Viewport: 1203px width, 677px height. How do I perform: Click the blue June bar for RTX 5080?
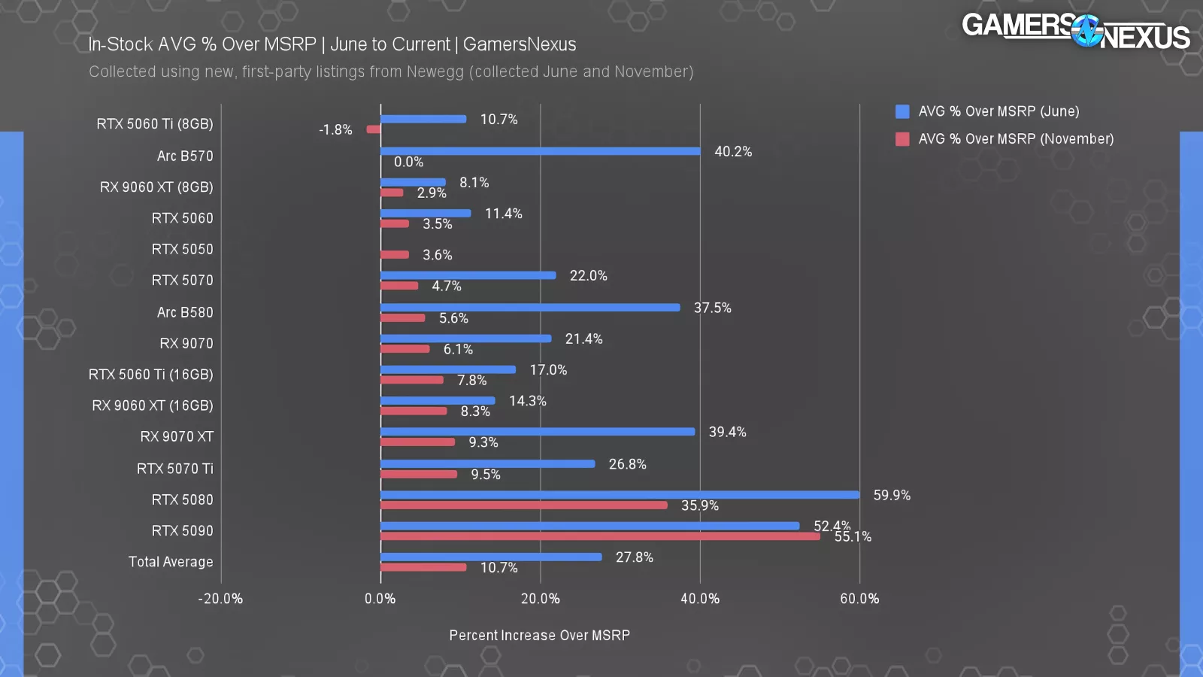pos(620,495)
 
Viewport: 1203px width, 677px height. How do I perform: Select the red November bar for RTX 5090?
pos(600,536)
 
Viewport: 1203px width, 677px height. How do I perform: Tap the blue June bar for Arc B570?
pos(540,151)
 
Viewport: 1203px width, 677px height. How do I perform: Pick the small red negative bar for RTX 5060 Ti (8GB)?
pos(374,129)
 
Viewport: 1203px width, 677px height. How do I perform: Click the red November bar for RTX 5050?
pos(395,255)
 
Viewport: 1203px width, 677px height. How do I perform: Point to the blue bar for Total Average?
pos(491,557)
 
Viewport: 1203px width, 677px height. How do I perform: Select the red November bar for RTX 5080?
pos(524,505)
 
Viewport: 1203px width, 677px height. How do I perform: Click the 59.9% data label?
pos(892,495)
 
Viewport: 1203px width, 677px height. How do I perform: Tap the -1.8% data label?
pos(335,129)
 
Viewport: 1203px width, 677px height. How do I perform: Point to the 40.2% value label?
pos(733,151)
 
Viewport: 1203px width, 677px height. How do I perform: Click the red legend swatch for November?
pos(902,139)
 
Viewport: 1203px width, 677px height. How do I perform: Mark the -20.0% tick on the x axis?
pos(220,599)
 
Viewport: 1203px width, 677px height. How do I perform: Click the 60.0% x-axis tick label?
pos(859,599)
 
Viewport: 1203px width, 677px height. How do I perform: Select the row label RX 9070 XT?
pos(177,436)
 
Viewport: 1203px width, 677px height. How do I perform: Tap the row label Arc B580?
pos(185,312)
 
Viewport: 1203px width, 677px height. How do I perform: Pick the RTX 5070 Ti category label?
pos(175,469)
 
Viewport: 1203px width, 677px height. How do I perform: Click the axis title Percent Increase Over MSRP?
pos(540,636)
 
